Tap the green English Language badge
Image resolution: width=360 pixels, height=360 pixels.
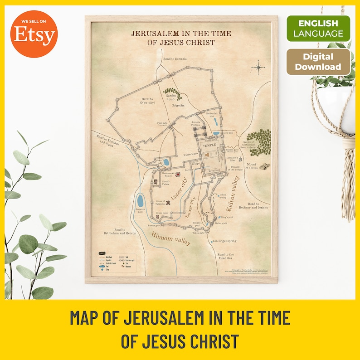pos(318,28)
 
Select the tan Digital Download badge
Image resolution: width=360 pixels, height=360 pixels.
pos(318,62)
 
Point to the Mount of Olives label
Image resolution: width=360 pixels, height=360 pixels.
pos(251,166)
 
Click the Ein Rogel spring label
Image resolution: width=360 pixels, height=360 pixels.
pos(224,241)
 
